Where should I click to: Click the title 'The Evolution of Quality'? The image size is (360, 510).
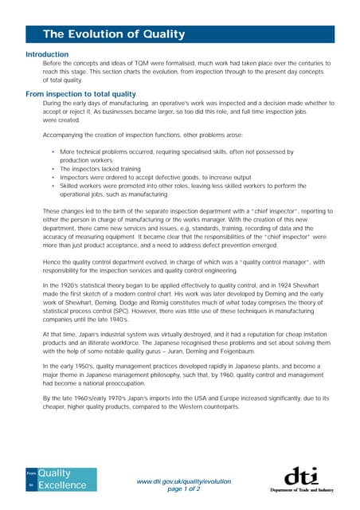(113, 34)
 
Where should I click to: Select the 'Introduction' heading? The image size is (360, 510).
(47, 54)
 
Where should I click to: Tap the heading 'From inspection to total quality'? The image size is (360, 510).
(81, 94)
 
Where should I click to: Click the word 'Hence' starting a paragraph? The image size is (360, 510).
(52, 261)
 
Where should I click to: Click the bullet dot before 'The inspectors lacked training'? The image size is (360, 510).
(53, 169)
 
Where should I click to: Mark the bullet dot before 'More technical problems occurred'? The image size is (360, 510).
(53, 151)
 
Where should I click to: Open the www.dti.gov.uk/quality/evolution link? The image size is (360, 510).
(184, 481)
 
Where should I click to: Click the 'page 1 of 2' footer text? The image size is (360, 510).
(184, 489)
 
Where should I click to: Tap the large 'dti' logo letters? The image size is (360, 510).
(302, 476)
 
